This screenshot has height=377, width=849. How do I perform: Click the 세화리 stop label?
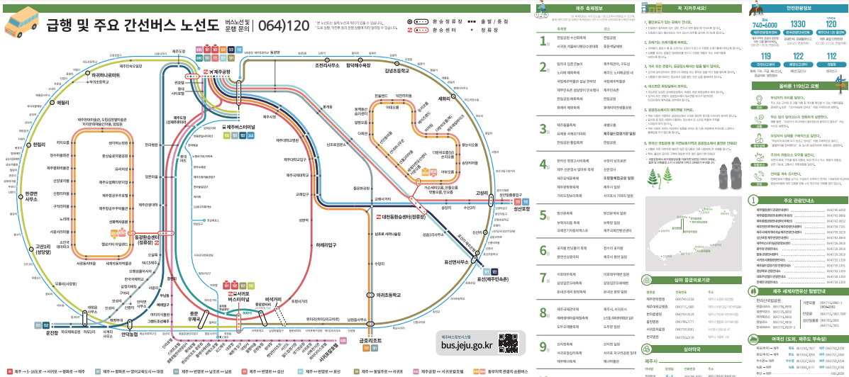pyautogui.click(x=446, y=99)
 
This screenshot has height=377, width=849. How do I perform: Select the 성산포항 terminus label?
pyautogui.click(x=523, y=209)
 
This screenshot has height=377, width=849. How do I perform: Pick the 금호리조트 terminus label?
pyautogui.click(x=372, y=340)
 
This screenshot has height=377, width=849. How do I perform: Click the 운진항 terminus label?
pyautogui.click(x=52, y=332)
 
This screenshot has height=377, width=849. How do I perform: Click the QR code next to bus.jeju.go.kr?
pyautogui.click(x=508, y=342)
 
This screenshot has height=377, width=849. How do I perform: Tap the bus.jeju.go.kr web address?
pyautogui.click(x=467, y=345)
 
